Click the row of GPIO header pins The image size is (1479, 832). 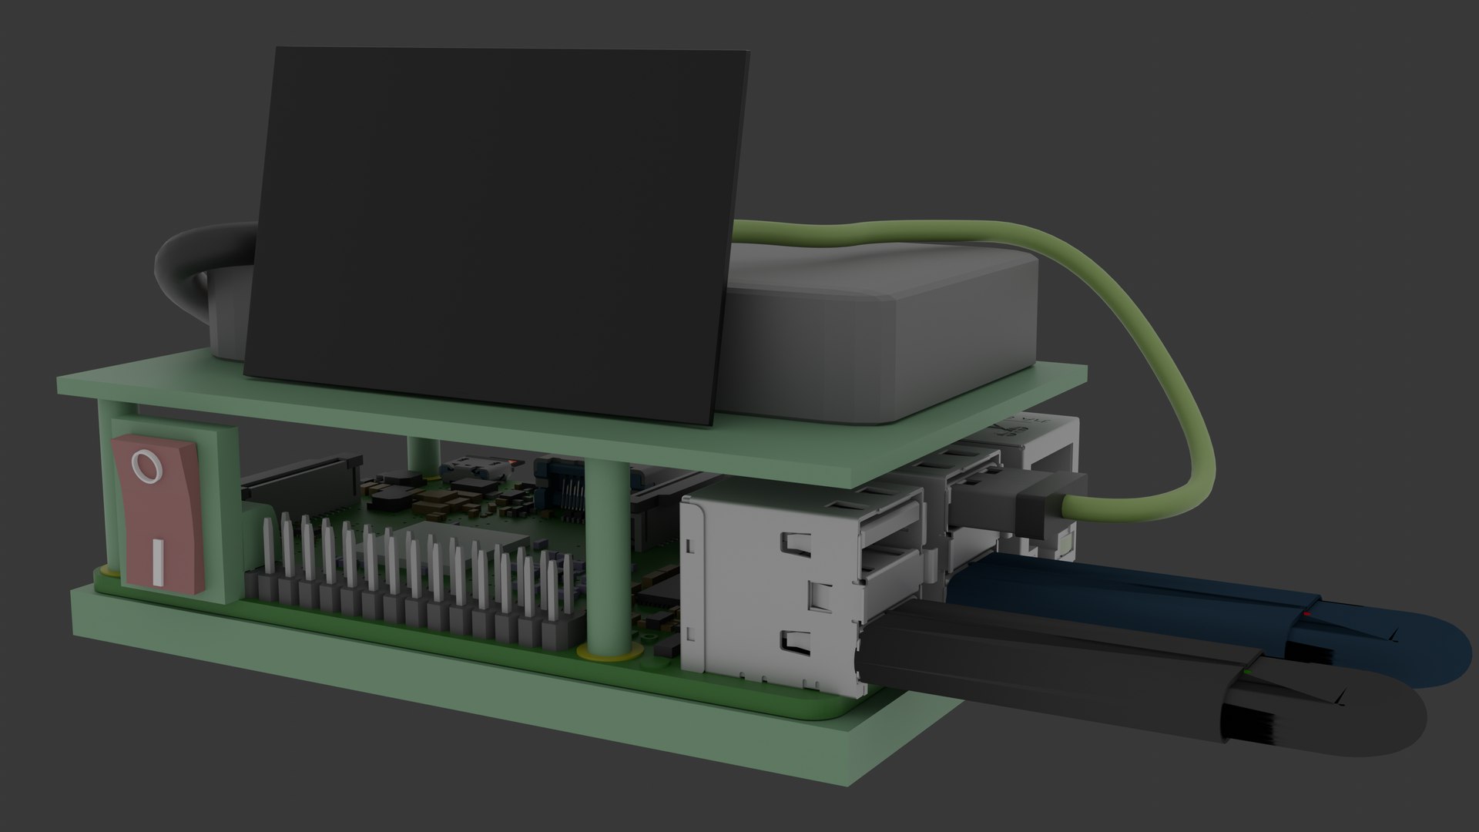pos(408,570)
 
